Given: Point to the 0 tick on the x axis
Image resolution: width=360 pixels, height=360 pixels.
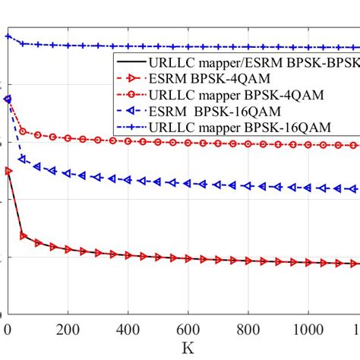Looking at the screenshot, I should (x=8, y=330).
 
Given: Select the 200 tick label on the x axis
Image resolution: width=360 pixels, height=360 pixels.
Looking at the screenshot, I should (x=68, y=330).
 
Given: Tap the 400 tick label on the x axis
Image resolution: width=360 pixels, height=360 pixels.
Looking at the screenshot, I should (x=128, y=330).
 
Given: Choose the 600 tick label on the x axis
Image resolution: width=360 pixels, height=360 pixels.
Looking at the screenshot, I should (x=188, y=330).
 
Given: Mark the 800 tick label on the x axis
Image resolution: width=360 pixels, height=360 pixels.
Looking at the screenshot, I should (x=248, y=330).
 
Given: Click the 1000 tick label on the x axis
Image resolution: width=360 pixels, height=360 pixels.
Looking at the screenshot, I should (x=305, y=330).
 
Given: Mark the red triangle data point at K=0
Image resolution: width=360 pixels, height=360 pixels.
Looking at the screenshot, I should (x=8, y=171).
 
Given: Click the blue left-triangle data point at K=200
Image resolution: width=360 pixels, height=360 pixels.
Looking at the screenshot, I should (x=68, y=173).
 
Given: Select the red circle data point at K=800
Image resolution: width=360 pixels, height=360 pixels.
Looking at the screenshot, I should (x=248, y=144).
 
